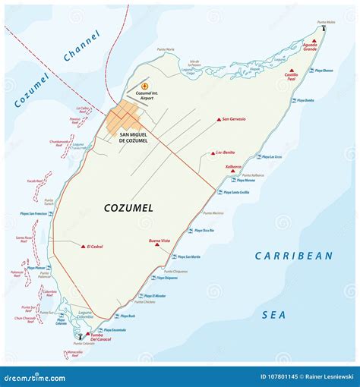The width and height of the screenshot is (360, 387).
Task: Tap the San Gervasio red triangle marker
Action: click(x=219, y=119)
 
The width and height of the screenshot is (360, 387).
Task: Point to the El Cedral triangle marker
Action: click(x=82, y=247)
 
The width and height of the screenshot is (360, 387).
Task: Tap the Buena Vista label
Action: click(x=159, y=240)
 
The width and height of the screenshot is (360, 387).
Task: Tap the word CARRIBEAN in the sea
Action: click(x=293, y=256)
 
